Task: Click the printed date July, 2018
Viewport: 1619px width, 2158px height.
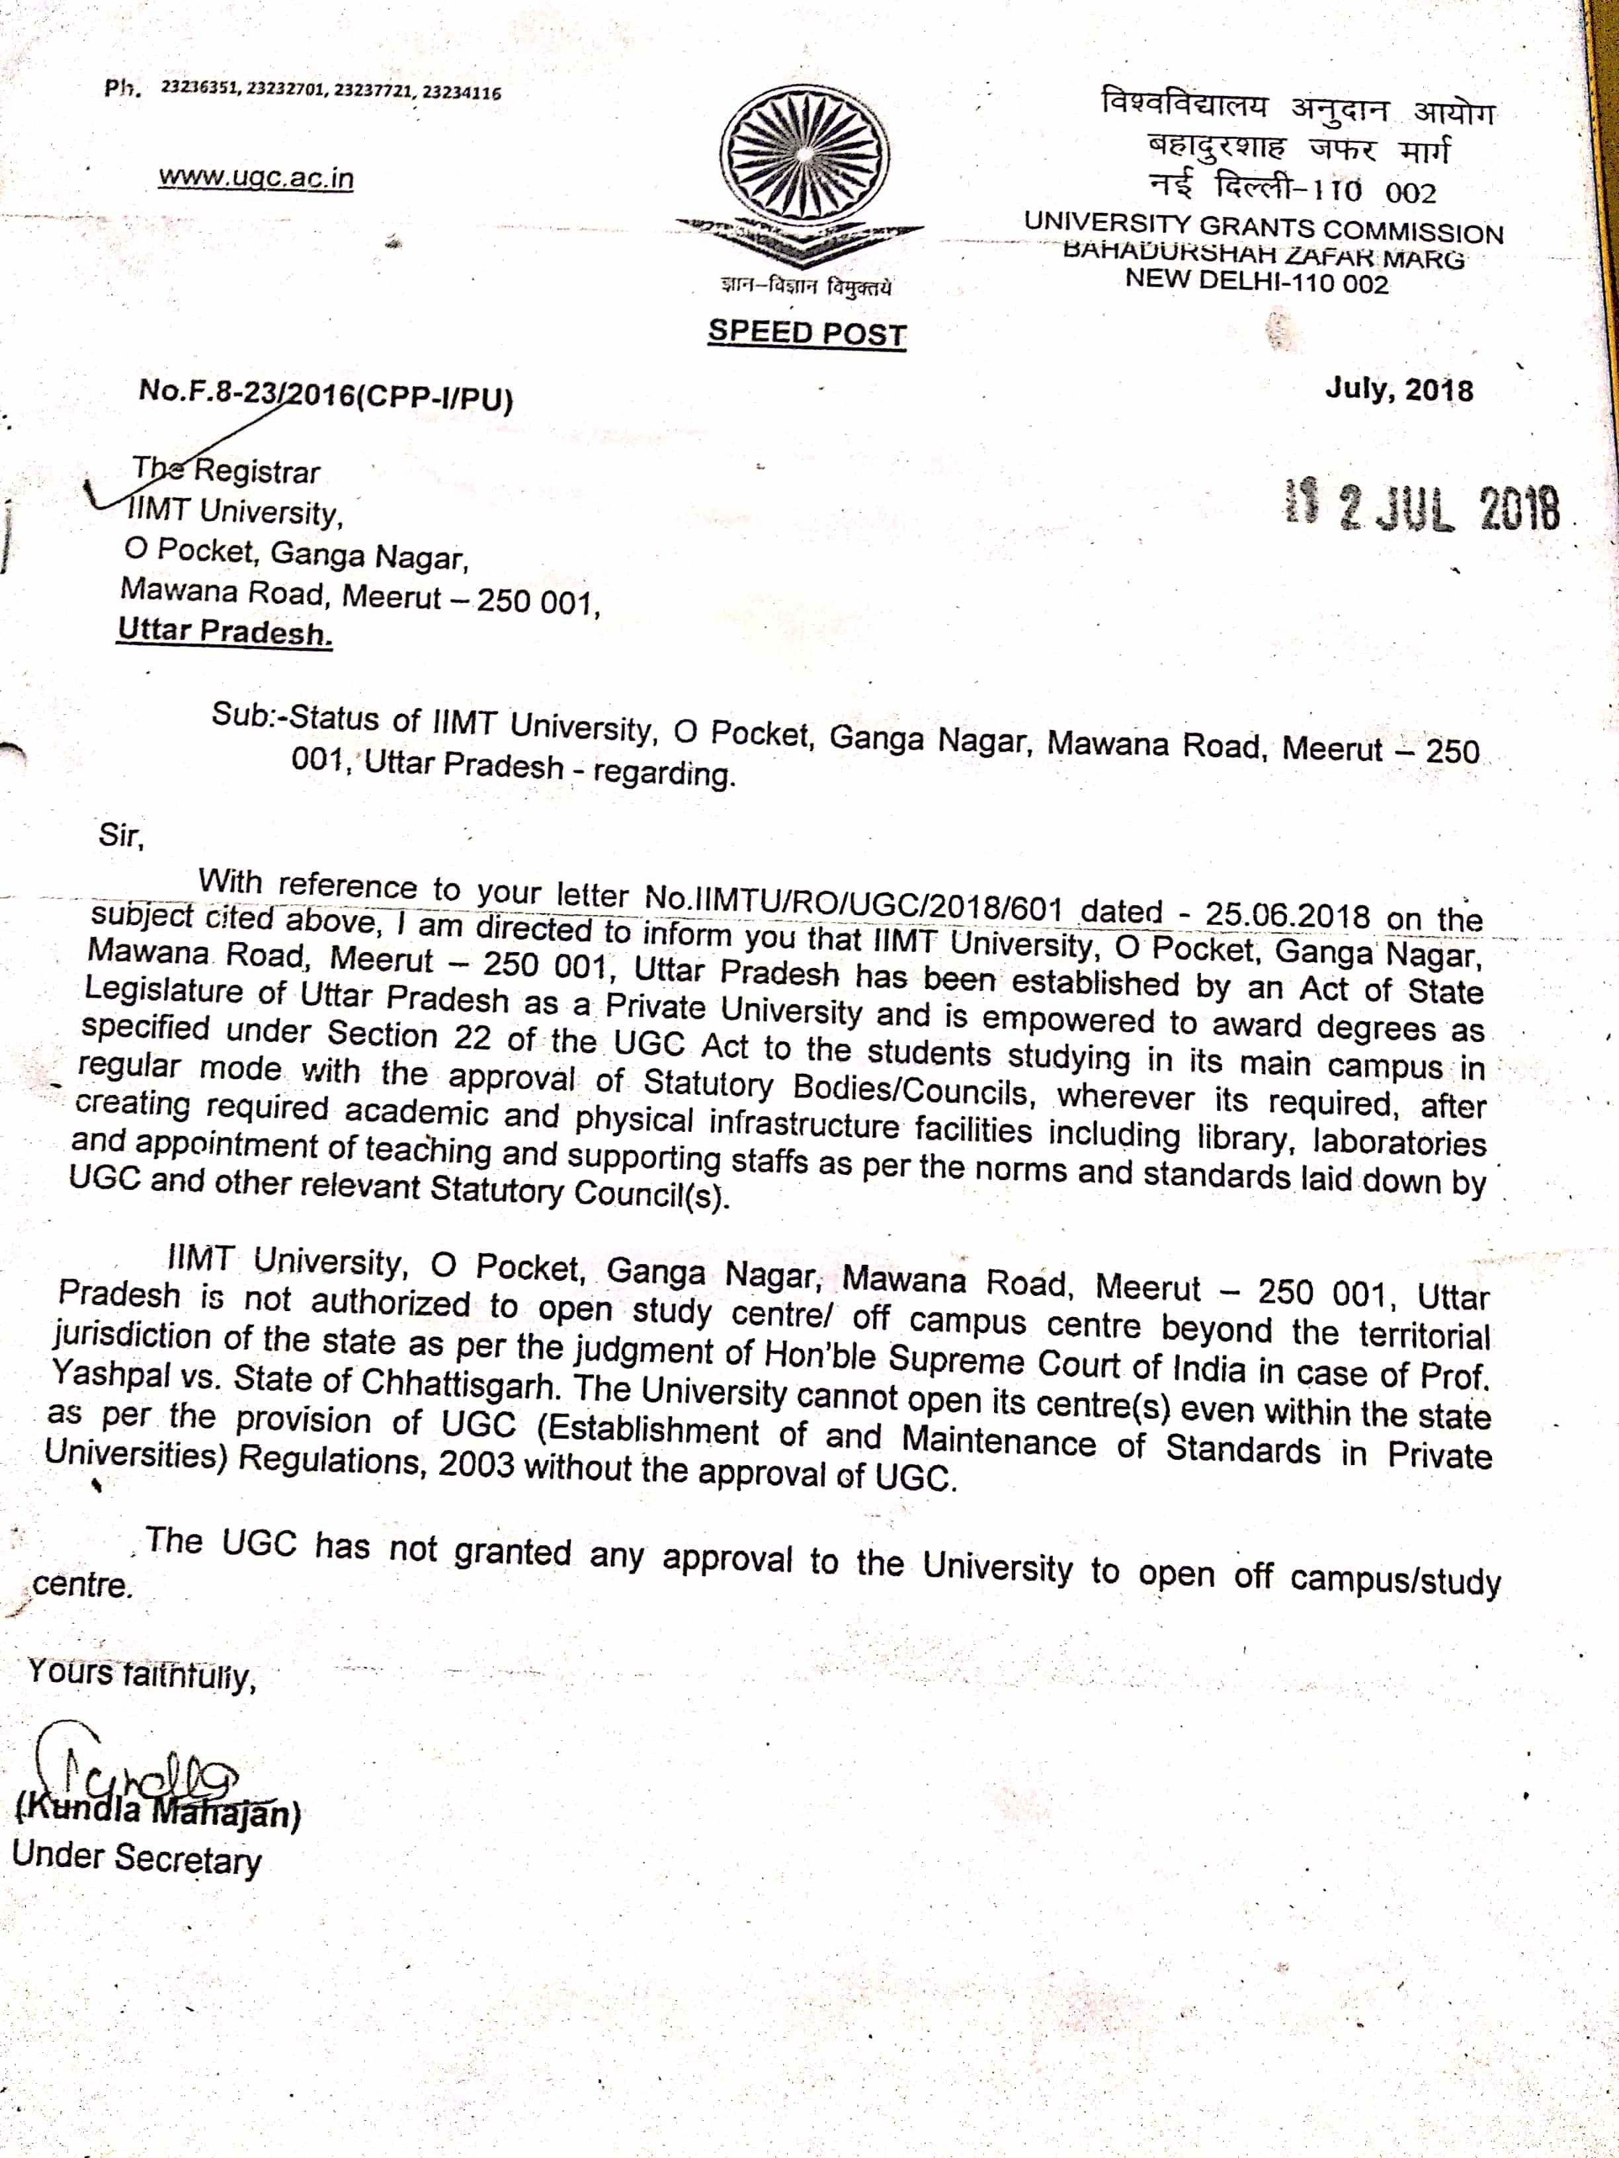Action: point(1399,390)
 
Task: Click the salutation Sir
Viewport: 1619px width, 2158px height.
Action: point(121,835)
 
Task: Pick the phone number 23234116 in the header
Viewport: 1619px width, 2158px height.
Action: point(460,94)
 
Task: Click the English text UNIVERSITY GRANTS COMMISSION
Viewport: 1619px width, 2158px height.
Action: point(1264,229)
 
